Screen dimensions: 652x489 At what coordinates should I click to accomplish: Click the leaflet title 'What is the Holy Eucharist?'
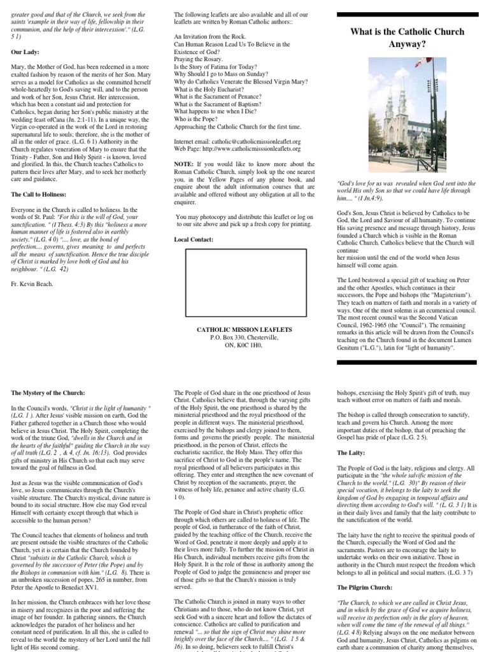coord(211,89)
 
